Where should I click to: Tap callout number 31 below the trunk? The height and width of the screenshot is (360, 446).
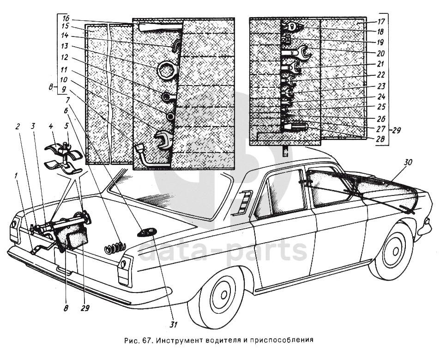coord(173,324)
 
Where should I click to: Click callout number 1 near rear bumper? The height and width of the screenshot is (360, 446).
coord(17,176)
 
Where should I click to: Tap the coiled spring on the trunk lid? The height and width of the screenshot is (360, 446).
coord(115,248)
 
